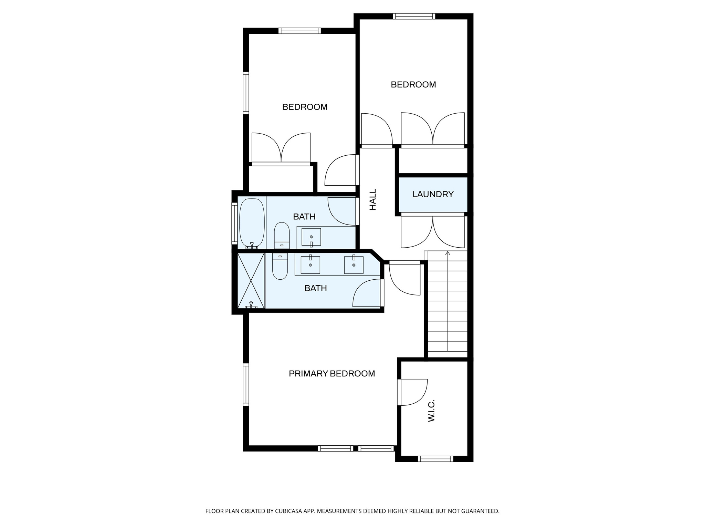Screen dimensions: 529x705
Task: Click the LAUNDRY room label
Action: click(x=433, y=194)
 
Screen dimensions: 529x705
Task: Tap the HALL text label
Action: click(x=373, y=199)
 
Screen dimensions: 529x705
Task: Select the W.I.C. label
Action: click(x=431, y=411)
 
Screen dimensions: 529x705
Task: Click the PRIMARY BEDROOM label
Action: click(x=332, y=374)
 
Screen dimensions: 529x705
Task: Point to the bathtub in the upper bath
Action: click(x=252, y=222)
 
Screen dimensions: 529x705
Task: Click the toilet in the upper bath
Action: click(x=282, y=235)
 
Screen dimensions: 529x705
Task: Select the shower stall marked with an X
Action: click(x=251, y=280)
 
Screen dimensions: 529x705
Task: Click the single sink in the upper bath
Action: click(x=311, y=237)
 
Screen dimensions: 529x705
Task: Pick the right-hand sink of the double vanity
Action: click(x=354, y=265)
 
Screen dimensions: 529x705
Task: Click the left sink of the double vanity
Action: click(x=310, y=265)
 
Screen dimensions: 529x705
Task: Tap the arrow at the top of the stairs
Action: click(x=448, y=253)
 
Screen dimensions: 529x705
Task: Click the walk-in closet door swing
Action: click(x=413, y=392)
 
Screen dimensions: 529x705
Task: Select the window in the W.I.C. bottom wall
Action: click(x=435, y=458)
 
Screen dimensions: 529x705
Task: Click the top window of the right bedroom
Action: click(x=414, y=16)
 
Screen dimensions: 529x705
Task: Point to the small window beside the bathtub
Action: click(x=234, y=223)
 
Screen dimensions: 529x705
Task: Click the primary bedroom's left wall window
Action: click(x=246, y=384)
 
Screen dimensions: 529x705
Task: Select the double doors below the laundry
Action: click(x=433, y=231)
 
